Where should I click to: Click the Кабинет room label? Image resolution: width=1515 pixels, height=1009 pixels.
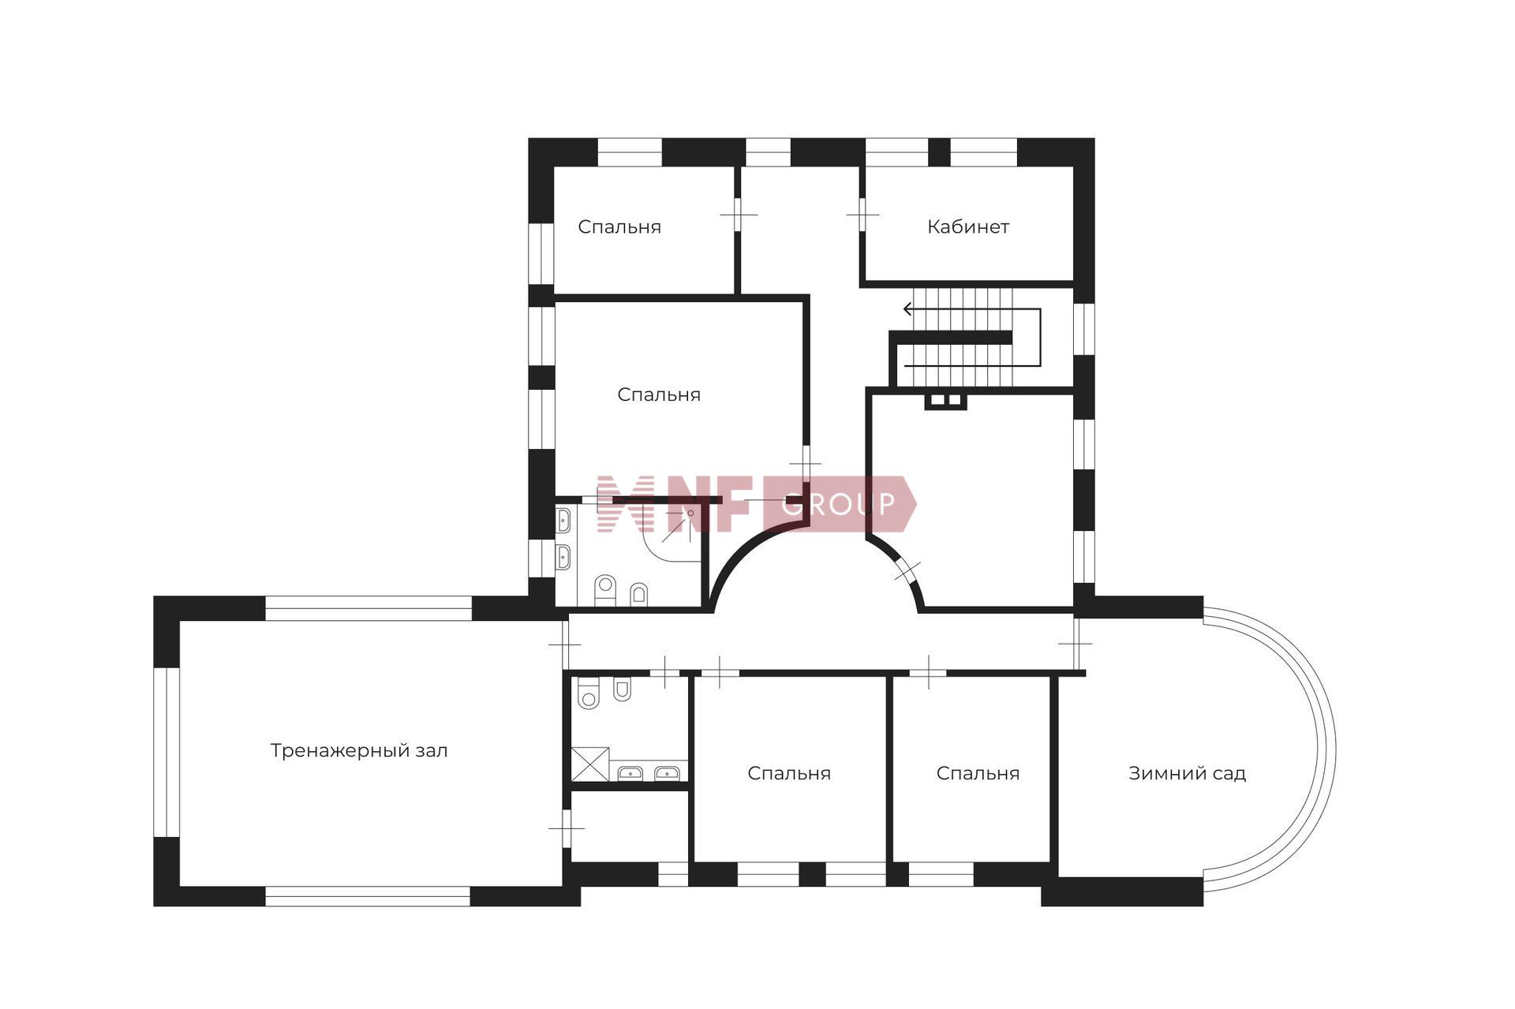[x=967, y=227]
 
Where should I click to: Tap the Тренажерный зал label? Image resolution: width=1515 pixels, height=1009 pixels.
[x=359, y=751]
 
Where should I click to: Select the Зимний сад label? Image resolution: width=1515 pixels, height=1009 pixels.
[x=1187, y=773]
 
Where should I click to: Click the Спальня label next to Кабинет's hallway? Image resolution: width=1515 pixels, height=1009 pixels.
[x=619, y=227]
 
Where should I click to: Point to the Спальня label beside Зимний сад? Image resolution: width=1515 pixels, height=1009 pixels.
[x=978, y=773]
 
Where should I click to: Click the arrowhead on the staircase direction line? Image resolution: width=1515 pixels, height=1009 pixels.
[x=908, y=309]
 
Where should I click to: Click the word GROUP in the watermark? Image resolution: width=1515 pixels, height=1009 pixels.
[x=839, y=503]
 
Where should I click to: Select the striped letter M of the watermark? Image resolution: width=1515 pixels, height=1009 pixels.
[x=627, y=503]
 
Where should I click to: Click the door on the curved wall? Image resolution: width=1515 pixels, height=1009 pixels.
[x=907, y=570]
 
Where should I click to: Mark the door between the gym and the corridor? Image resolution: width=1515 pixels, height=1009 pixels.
[x=565, y=645]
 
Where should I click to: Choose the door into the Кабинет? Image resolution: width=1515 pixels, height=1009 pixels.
[x=862, y=214]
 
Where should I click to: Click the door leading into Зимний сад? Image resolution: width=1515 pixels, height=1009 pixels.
[x=1075, y=643]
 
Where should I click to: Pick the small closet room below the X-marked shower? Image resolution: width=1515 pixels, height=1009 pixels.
[x=629, y=826]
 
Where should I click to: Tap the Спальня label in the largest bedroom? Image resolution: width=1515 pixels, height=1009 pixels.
[x=659, y=394]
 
